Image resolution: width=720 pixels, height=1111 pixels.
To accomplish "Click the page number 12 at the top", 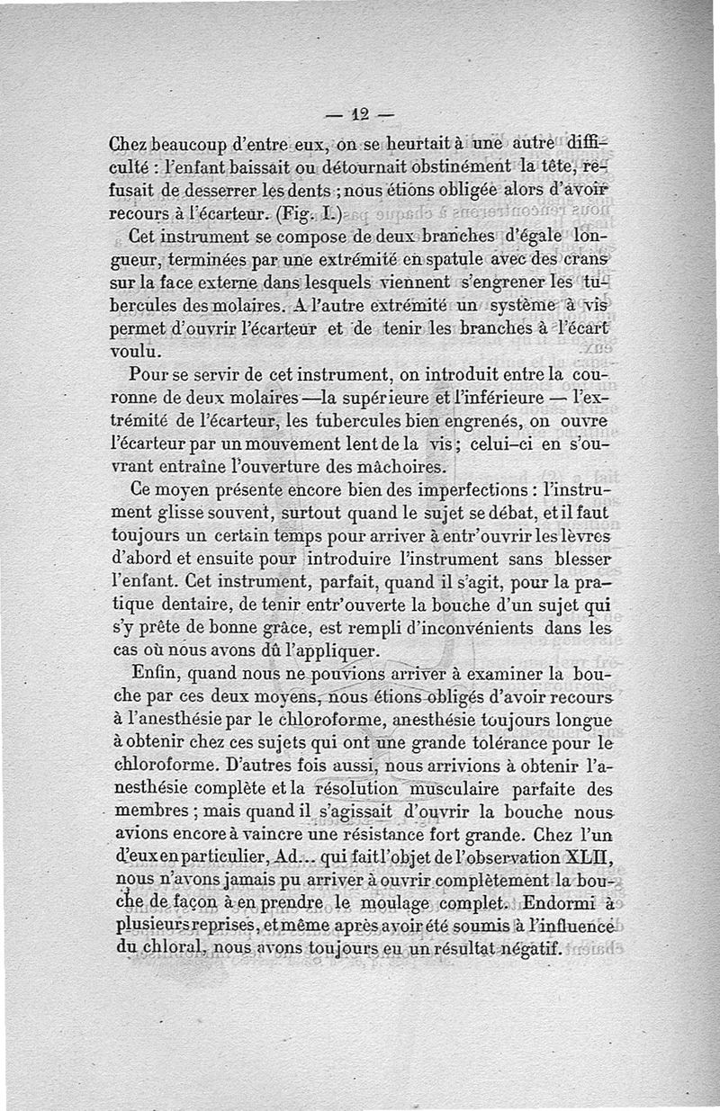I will [361, 114].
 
